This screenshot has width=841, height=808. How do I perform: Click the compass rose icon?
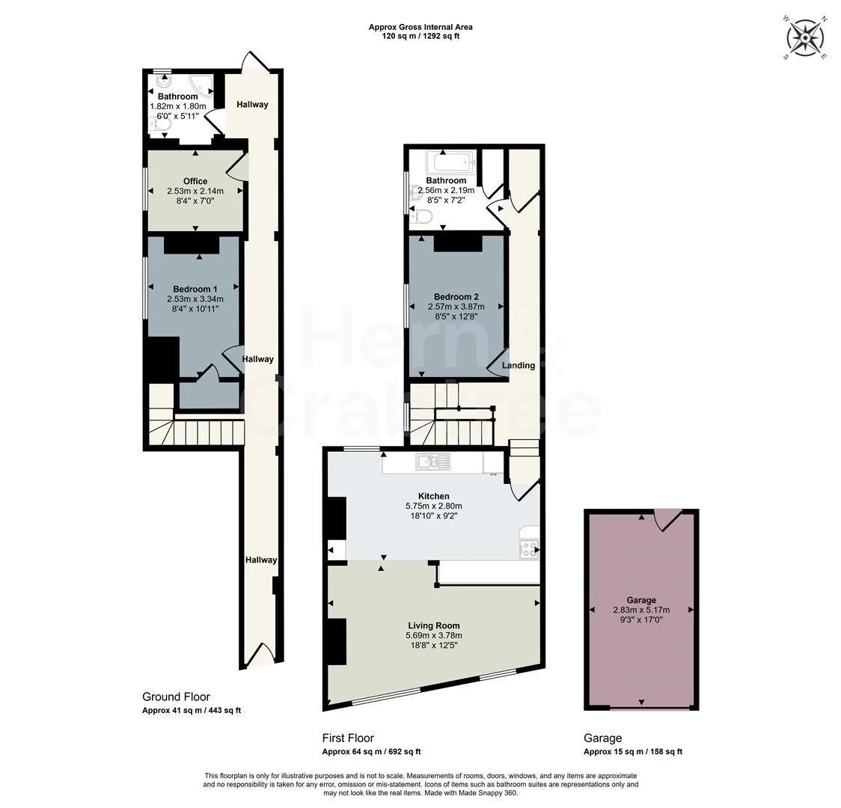(x=805, y=38)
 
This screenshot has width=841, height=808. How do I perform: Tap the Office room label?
(x=195, y=181)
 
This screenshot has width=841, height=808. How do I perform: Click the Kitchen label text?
(x=434, y=497)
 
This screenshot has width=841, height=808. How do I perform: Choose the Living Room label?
(x=434, y=625)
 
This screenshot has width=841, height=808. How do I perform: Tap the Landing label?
(x=519, y=366)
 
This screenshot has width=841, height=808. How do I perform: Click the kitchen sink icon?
(x=432, y=461)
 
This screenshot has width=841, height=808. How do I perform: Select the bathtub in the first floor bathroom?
(x=451, y=160)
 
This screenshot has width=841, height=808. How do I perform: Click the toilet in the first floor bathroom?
(x=423, y=217)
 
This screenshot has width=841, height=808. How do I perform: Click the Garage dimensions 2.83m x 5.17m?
(x=641, y=610)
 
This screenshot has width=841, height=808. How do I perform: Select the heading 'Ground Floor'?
(x=176, y=697)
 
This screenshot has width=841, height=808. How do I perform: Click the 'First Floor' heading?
(x=348, y=738)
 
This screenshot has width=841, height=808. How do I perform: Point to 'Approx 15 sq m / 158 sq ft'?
(x=633, y=752)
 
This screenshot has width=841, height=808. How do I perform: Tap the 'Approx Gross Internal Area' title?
(x=420, y=27)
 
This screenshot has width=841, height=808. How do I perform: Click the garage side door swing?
(x=667, y=520)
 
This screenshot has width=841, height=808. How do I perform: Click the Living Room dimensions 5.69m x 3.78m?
(x=434, y=636)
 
